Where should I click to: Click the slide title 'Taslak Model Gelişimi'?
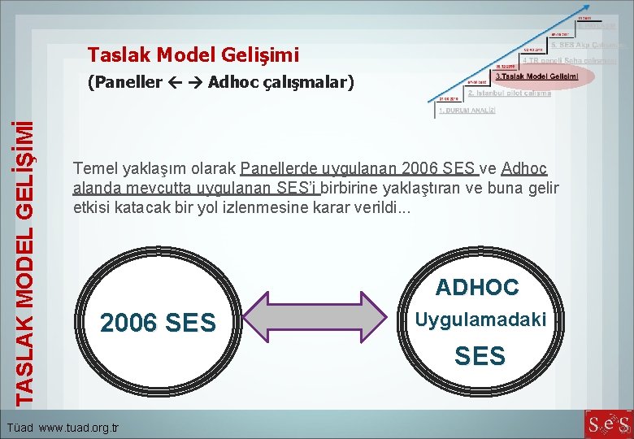point(193,55)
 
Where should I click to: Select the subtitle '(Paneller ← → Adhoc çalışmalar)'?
point(221,82)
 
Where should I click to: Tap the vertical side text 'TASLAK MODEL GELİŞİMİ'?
point(27,261)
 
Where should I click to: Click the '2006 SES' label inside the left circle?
point(158,324)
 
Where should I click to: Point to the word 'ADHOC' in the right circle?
point(477,287)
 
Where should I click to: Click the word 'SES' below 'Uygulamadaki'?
point(480,356)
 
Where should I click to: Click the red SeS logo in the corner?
point(608,424)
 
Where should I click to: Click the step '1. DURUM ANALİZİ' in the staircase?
point(467,110)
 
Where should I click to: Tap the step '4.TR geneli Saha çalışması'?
point(568,60)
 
